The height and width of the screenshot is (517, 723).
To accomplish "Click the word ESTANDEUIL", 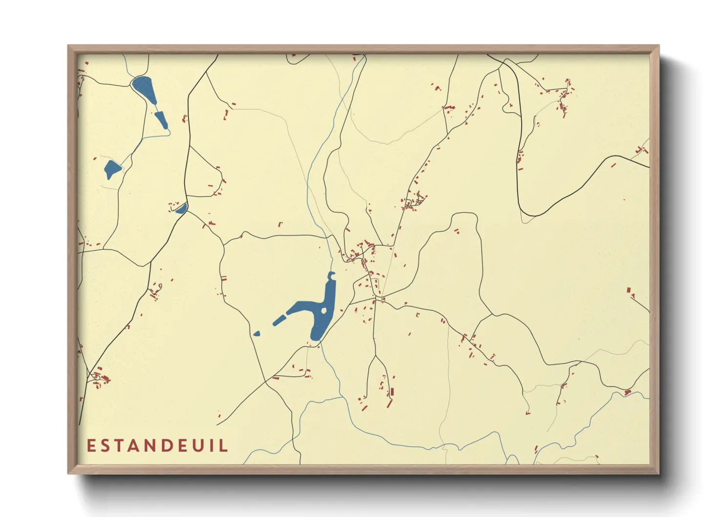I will click(x=157, y=446).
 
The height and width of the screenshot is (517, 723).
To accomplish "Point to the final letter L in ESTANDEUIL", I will click(x=224, y=446).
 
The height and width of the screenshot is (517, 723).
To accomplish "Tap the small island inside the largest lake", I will click(x=323, y=310).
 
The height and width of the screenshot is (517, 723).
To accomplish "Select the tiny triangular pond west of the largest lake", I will click(x=256, y=334).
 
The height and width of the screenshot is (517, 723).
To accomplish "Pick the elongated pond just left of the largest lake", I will click(x=279, y=320).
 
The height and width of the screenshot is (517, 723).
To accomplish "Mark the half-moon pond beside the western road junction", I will click(x=181, y=209).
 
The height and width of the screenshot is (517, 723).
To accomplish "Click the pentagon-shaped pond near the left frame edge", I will click(x=112, y=169).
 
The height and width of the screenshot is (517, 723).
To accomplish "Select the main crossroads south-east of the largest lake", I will click(x=376, y=297).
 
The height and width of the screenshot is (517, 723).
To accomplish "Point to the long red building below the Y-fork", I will click(x=392, y=392).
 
